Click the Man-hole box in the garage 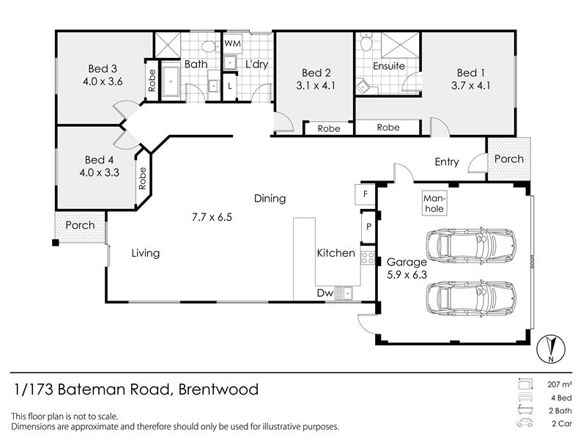(x=434, y=204)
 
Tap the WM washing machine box (x=232, y=43)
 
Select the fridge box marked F (x=365, y=194)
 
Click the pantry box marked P (x=368, y=227)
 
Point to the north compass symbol (x=551, y=349)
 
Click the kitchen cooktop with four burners (x=368, y=258)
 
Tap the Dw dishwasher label (x=324, y=293)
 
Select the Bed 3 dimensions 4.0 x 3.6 (x=103, y=81)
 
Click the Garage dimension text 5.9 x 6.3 (x=407, y=275)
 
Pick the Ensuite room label (x=389, y=66)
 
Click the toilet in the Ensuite (x=366, y=42)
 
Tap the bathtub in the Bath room (x=171, y=81)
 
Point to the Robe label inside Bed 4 (x=142, y=178)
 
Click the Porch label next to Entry (x=508, y=159)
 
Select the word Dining (x=270, y=198)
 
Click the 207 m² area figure (x=560, y=384)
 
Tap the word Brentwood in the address (x=218, y=389)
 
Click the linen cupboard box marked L (x=229, y=86)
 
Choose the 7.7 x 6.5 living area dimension (x=212, y=217)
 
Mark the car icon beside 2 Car (x=524, y=423)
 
